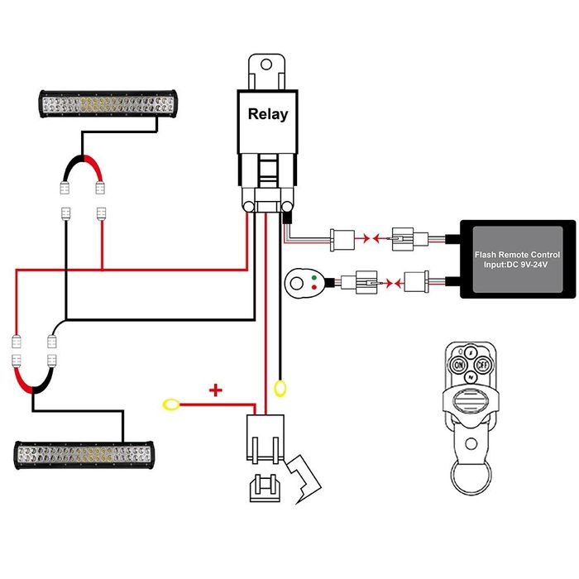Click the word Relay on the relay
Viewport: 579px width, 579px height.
[x=268, y=114]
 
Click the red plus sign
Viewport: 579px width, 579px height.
[x=216, y=390]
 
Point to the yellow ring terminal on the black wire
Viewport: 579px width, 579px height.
[x=281, y=387]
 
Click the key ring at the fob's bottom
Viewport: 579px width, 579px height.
[x=470, y=478]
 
